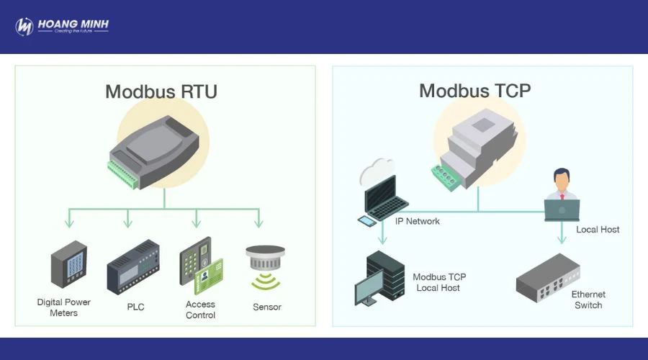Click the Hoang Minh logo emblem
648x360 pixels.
pyautogui.click(x=24, y=27)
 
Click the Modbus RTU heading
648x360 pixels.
pyautogui.click(x=161, y=91)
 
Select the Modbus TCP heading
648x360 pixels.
pyautogui.click(x=474, y=91)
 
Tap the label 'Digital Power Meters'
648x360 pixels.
pyautogui.click(x=64, y=307)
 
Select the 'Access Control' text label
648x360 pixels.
pyautogui.click(x=200, y=310)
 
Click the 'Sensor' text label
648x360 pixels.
pyautogui.click(x=266, y=307)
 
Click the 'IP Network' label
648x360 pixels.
pyautogui.click(x=418, y=221)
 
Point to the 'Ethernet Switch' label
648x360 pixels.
pyautogui.click(x=588, y=300)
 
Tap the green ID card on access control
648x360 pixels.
pyautogui.click(x=210, y=276)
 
